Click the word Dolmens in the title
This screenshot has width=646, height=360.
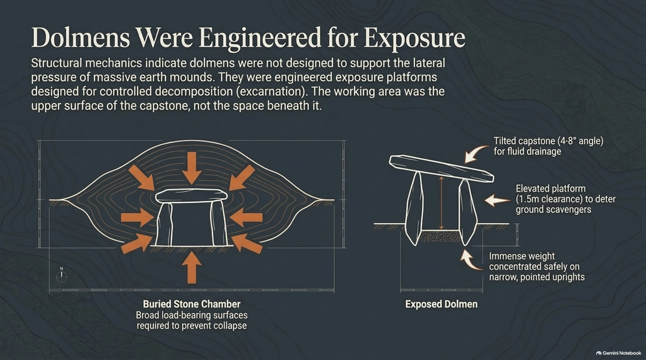[x=80, y=38]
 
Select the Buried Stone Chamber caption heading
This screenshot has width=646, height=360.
[x=192, y=304]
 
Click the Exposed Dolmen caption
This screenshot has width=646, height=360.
[x=441, y=305]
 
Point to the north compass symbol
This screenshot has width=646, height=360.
[x=61, y=275]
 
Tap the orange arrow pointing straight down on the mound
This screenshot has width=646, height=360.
[x=192, y=168]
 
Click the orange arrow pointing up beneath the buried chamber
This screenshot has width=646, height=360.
[x=192, y=268]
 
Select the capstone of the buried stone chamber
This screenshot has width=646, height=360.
[x=191, y=195]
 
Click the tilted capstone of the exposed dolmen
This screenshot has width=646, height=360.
[x=441, y=168]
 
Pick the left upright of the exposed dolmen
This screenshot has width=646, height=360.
[x=414, y=209]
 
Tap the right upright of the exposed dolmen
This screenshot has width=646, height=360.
[x=467, y=212]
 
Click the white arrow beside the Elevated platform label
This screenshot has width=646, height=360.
[x=497, y=200]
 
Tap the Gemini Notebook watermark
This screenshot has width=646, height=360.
[x=618, y=353]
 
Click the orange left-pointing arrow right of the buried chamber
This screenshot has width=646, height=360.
[x=246, y=217]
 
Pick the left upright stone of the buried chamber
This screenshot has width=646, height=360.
[x=165, y=224]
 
